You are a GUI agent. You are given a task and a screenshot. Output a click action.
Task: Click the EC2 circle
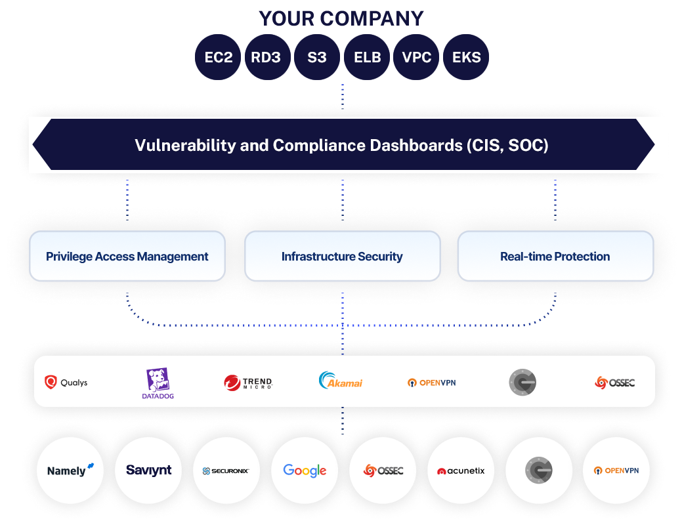218,57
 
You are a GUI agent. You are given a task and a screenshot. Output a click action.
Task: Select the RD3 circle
266,57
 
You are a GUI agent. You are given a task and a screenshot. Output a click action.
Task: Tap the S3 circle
316,57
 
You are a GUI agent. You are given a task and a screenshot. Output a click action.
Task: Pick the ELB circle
367,57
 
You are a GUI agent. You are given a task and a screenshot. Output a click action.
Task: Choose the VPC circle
417,57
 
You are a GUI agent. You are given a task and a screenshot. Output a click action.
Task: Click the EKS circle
466,57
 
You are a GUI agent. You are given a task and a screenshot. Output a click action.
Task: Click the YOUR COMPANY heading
341,18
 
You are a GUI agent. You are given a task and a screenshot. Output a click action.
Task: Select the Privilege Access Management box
127,257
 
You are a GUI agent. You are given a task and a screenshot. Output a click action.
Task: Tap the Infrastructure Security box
342,257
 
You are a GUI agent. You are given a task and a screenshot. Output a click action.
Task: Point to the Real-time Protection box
555,257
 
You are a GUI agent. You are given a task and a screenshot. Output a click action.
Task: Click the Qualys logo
66,382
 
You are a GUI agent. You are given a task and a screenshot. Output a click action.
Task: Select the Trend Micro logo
247,383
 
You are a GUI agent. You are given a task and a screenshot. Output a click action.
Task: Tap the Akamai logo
340,381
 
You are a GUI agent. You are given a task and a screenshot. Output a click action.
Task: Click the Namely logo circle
70,471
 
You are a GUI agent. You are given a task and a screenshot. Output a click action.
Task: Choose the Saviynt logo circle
148,471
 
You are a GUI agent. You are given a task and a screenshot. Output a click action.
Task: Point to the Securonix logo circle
226,471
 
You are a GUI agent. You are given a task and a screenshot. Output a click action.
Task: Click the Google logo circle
305,471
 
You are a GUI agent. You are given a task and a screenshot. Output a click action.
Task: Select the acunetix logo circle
460,471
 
